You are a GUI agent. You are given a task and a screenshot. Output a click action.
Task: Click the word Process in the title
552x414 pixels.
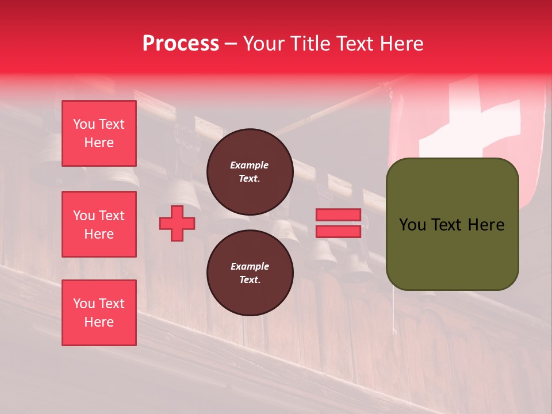(181, 44)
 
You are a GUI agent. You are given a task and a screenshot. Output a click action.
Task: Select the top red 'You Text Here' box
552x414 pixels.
(99, 133)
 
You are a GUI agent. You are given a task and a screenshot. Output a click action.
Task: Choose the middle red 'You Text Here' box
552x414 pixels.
(99, 224)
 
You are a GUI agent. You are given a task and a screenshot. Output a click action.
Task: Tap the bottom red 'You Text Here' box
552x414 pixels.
(99, 313)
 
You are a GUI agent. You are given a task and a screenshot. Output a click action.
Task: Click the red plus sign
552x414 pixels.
(177, 223)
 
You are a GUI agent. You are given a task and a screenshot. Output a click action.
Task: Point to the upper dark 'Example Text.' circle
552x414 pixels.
(250, 172)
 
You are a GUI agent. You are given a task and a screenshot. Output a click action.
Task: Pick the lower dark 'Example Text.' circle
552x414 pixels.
(250, 273)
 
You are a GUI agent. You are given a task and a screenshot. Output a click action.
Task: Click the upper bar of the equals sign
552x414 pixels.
(338, 215)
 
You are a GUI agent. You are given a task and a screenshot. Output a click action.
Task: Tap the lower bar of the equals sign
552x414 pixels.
(338, 231)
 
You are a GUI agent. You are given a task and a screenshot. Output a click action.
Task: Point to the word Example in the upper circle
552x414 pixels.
(250, 165)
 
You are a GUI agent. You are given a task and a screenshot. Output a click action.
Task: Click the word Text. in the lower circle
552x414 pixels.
(250, 280)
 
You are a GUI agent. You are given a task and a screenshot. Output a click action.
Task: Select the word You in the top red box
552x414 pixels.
(84, 124)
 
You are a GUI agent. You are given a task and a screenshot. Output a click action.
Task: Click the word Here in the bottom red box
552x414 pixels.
(99, 322)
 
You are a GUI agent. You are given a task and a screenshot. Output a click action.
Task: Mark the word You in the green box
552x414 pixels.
(412, 225)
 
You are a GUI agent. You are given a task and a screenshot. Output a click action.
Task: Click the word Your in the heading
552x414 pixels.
(263, 44)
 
